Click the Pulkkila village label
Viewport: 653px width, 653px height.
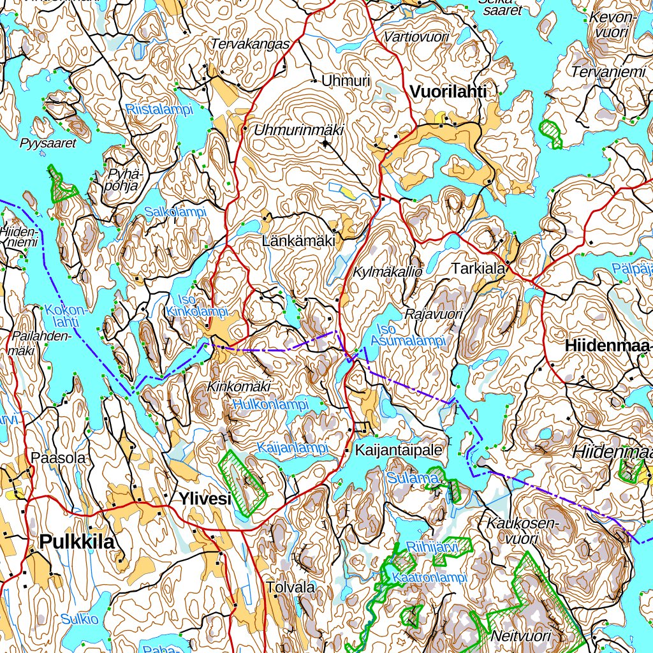tap(77, 542)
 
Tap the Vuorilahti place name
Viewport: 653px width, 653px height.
tap(448, 92)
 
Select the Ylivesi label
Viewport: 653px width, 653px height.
tap(205, 499)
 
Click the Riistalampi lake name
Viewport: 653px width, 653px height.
tap(159, 110)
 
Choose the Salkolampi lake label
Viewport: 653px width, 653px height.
tap(175, 212)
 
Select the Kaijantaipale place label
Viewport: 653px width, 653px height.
tap(398, 450)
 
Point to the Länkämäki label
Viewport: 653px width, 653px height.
tap(298, 241)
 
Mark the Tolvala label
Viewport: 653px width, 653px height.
tap(291, 587)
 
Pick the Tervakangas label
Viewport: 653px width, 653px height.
tap(250, 44)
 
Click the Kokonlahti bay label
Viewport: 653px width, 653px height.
tap(66, 316)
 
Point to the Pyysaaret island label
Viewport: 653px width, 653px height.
tap(48, 143)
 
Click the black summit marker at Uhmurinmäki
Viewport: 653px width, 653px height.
tap(326, 143)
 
